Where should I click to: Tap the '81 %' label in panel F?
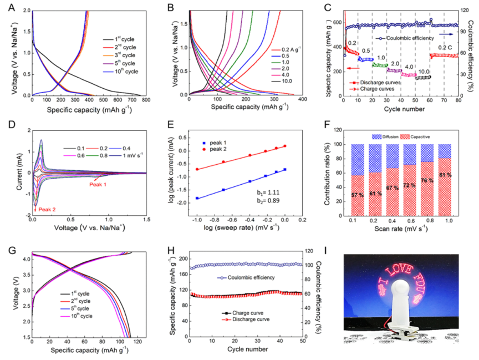click(445, 176)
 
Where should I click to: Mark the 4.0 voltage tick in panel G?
click(23, 259)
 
